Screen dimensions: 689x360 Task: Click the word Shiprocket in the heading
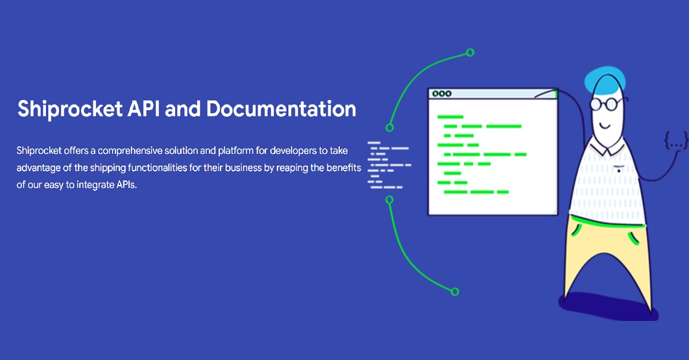[70, 109]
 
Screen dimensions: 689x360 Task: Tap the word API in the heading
[144, 109]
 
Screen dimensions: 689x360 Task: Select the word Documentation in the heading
[281, 109]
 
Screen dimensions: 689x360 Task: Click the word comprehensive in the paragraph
[130, 151]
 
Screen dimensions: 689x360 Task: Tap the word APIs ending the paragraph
[126, 185]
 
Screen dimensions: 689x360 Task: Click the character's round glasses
[606, 104]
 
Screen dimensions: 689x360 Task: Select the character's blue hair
[605, 80]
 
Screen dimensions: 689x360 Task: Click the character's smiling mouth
[605, 126]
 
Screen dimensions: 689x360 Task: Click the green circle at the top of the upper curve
[470, 53]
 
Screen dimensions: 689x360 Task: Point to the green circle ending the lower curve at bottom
[455, 292]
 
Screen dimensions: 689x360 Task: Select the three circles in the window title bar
[442, 94]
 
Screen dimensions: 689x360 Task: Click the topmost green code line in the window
[450, 117]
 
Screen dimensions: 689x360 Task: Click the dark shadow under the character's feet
[608, 307]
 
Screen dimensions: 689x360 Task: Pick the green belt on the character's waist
[607, 222]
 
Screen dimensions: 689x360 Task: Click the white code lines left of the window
[389, 165]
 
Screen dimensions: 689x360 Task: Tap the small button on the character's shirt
[619, 171]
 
